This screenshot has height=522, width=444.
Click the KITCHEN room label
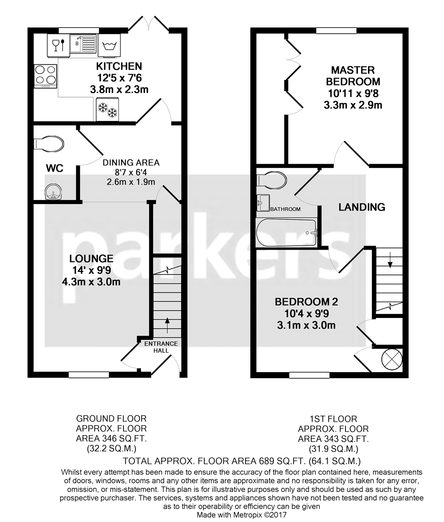point(119,67)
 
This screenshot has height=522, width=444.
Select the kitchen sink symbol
point(83,44)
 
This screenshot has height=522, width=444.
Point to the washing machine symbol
point(109,45)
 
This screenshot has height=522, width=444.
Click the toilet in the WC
point(49,144)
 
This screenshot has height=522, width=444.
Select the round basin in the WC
point(53,191)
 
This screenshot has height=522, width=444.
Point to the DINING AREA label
point(131,162)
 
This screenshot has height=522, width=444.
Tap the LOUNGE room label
point(91,259)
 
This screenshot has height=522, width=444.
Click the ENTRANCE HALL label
point(161,347)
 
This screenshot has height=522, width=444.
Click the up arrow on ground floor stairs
point(167,324)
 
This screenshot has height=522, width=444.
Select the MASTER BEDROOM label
point(353,75)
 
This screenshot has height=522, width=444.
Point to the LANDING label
point(361,207)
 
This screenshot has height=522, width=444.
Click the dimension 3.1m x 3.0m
point(306,326)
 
